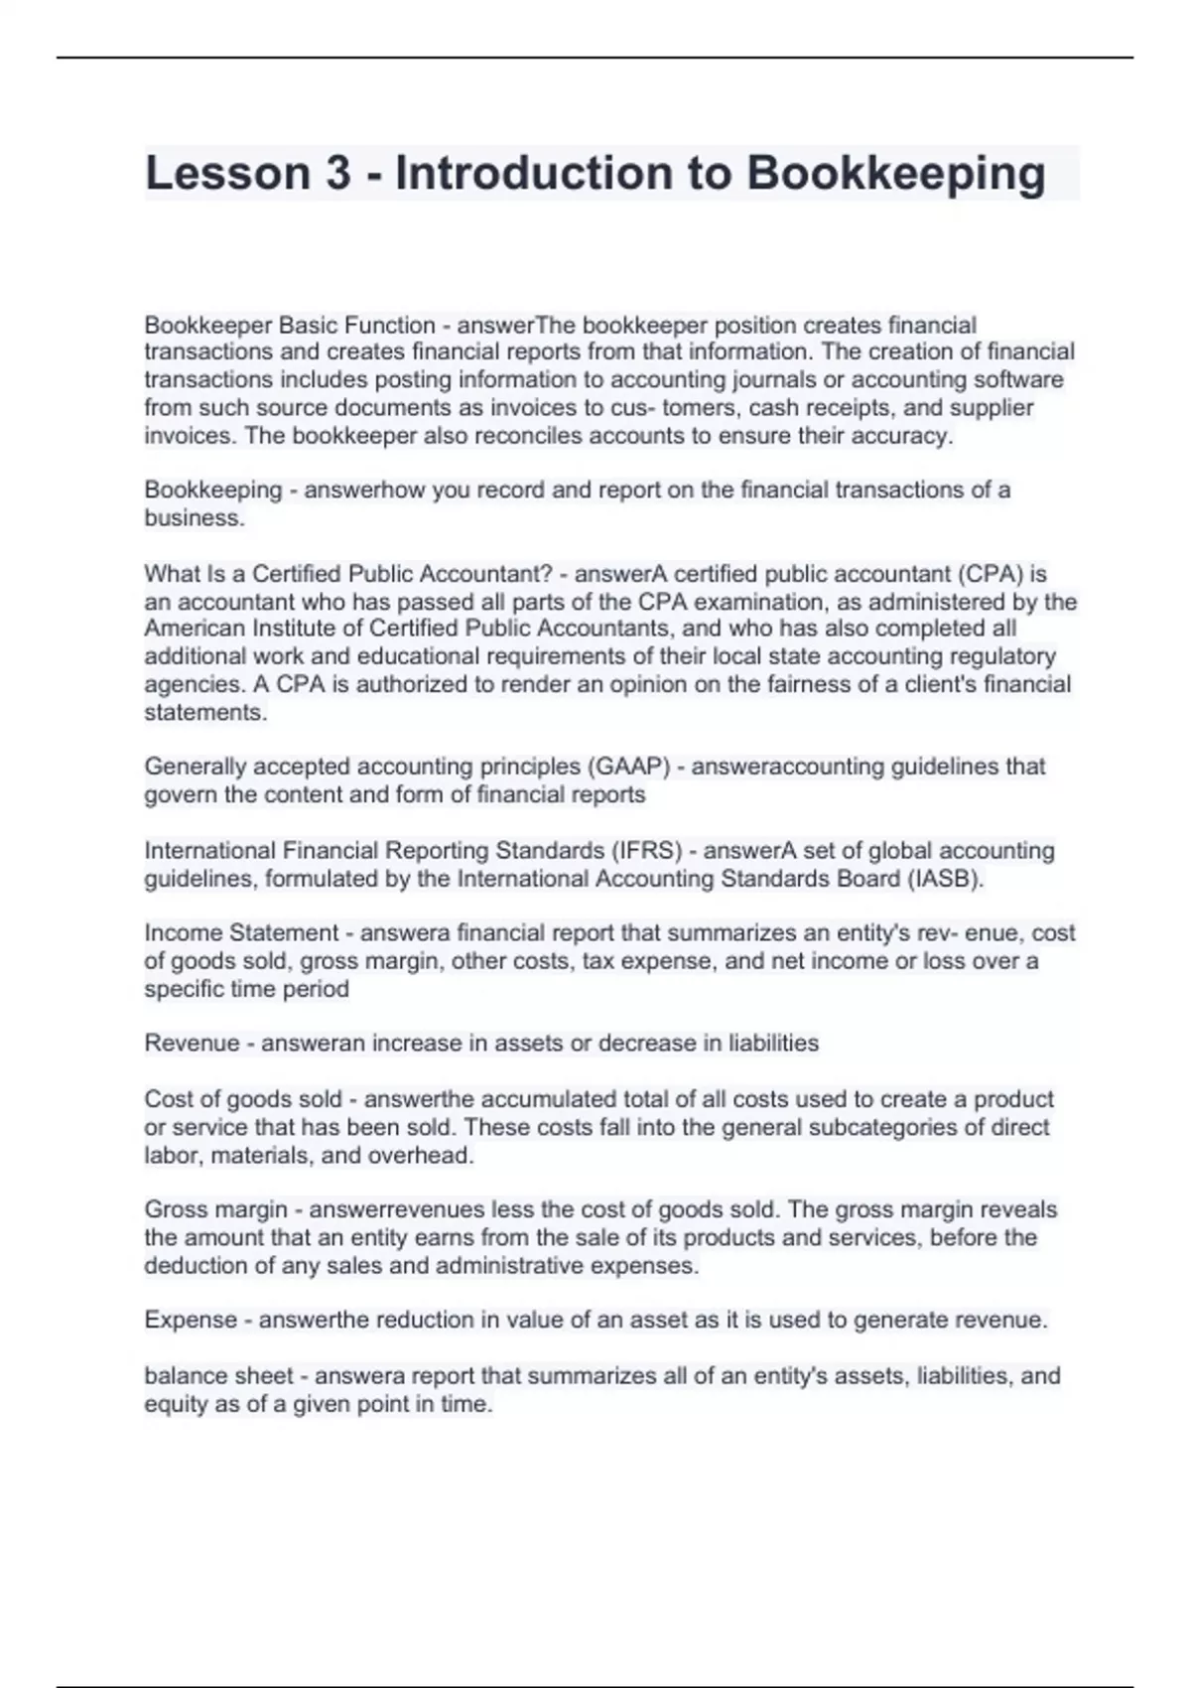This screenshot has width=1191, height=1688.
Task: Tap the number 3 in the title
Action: (337, 173)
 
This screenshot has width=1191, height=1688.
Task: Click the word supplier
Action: (995, 408)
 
